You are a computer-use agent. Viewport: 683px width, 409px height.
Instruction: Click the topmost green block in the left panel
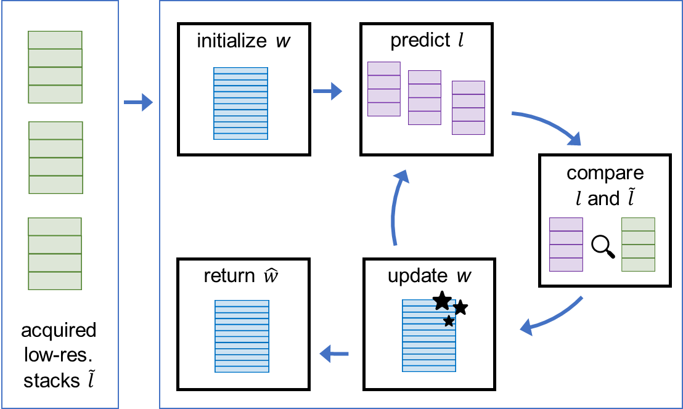click(x=55, y=67)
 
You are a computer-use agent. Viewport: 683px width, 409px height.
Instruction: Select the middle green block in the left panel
click(x=55, y=157)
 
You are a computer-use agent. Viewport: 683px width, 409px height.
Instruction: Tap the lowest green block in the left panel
click(x=55, y=253)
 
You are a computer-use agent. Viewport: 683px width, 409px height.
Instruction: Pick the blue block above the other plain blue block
click(x=240, y=103)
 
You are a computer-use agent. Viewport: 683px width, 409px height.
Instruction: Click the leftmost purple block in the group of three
click(x=383, y=89)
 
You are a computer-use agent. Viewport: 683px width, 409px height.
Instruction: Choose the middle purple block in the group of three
click(x=424, y=97)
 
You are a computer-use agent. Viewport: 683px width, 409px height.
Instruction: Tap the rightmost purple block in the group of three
click(x=468, y=107)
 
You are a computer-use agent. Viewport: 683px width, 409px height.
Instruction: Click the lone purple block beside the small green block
click(x=566, y=244)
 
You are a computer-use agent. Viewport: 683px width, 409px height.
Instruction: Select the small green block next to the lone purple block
click(x=638, y=244)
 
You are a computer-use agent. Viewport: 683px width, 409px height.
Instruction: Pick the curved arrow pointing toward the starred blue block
click(x=552, y=317)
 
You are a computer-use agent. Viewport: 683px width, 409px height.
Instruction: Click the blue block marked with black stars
click(x=425, y=342)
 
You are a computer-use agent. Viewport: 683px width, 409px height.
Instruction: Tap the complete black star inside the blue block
click(x=449, y=321)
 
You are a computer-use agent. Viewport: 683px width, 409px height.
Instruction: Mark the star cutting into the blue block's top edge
click(x=441, y=304)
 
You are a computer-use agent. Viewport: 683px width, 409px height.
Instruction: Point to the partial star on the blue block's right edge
click(x=454, y=307)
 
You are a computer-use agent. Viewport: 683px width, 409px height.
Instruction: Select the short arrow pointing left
click(x=334, y=354)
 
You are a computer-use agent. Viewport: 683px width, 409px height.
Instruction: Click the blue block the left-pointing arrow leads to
click(x=242, y=336)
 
